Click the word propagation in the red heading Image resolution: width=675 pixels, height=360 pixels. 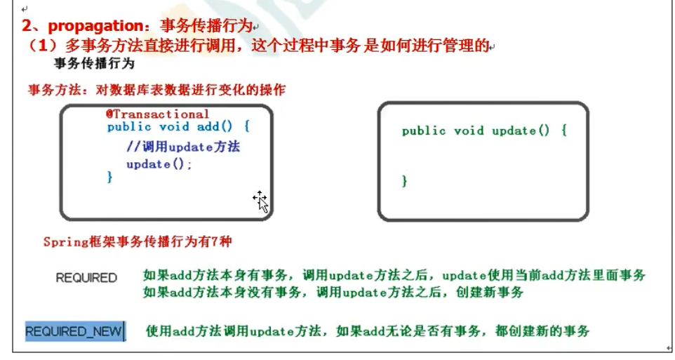click(x=95, y=27)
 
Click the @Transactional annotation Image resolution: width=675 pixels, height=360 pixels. click(x=157, y=114)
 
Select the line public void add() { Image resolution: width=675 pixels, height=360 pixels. click(x=178, y=127)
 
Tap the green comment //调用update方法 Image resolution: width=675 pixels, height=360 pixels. click(x=183, y=147)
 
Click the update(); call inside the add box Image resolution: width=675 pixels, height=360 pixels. click(x=159, y=164)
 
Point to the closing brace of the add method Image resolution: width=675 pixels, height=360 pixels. click(x=110, y=178)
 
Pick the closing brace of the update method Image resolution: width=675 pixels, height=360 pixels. click(x=405, y=181)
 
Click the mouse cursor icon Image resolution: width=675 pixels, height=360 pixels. click(x=260, y=201)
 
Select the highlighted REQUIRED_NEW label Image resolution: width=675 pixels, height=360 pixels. click(x=74, y=331)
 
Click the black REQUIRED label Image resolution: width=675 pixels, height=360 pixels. click(x=86, y=278)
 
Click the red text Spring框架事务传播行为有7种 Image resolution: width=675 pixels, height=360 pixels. click(x=138, y=242)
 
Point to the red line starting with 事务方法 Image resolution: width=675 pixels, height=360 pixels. click(x=156, y=91)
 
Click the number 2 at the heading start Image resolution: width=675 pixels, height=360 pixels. click(x=27, y=27)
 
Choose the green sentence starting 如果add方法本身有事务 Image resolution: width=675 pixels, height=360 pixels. click(x=394, y=276)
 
